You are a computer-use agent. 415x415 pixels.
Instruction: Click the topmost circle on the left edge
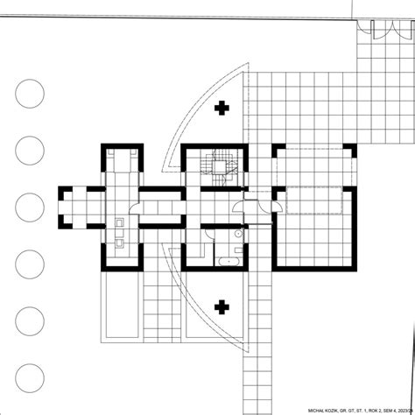pyautogui.click(x=29, y=90)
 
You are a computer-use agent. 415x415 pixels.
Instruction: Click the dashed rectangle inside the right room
pyautogui.click(x=310, y=200)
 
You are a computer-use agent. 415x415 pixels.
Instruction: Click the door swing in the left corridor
pyautogui.click(x=134, y=208)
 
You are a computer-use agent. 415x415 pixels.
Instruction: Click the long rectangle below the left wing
pyautogui.click(x=120, y=310)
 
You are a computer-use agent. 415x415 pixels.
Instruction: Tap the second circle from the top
pyautogui.click(x=29, y=150)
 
